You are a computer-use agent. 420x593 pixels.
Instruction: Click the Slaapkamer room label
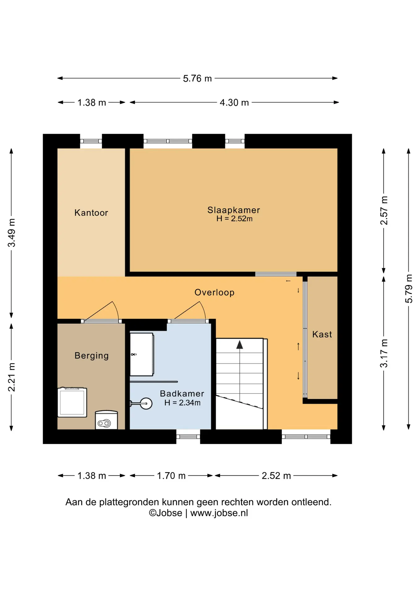point(234,210)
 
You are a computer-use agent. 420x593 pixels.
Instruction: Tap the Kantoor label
point(91,213)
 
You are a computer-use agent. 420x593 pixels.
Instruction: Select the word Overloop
point(214,292)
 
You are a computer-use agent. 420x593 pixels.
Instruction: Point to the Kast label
point(322,334)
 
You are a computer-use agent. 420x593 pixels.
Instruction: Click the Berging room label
point(92,356)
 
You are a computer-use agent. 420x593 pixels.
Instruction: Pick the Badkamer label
point(182,393)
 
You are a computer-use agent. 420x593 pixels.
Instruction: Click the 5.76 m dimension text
point(197,78)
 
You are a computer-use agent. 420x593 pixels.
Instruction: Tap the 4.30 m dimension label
point(234,103)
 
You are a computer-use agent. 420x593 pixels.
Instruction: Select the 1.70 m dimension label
point(171,476)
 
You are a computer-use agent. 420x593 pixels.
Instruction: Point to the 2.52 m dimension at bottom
point(276,476)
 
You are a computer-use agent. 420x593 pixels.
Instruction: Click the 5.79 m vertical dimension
point(409,288)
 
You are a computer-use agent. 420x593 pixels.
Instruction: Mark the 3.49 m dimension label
point(11,233)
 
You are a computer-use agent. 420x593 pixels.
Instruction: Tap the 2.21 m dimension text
point(11,377)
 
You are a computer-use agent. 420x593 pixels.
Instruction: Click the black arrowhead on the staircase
point(240,345)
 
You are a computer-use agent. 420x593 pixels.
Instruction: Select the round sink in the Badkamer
point(146,403)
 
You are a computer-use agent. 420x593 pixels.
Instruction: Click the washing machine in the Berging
point(72,402)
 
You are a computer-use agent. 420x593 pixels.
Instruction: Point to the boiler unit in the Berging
point(106,420)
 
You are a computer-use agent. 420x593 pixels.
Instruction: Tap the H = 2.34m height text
point(182,403)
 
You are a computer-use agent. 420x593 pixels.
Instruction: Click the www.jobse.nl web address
point(219,513)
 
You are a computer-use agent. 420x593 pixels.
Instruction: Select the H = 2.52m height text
point(234,219)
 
